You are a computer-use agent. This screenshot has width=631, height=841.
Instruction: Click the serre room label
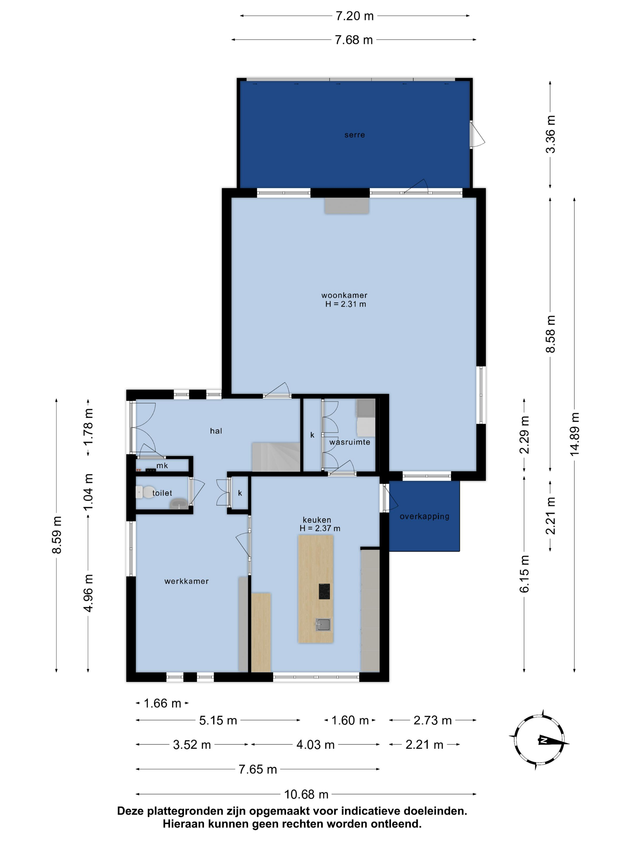click(355, 135)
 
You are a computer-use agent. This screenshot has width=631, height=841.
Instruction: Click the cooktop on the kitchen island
click(324, 591)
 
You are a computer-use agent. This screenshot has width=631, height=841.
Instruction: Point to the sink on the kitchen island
click(323, 624)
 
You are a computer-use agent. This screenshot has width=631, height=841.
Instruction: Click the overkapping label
click(424, 516)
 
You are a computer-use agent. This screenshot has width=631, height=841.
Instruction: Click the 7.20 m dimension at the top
click(355, 16)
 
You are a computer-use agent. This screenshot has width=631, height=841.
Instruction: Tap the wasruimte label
click(349, 442)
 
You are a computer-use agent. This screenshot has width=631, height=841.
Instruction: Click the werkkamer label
click(186, 581)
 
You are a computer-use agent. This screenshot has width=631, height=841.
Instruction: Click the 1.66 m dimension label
click(163, 703)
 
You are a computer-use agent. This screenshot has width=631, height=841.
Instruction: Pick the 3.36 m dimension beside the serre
click(550, 134)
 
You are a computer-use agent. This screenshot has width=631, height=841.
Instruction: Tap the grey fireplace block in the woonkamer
click(346, 206)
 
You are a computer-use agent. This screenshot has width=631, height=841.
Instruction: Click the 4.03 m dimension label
click(315, 744)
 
